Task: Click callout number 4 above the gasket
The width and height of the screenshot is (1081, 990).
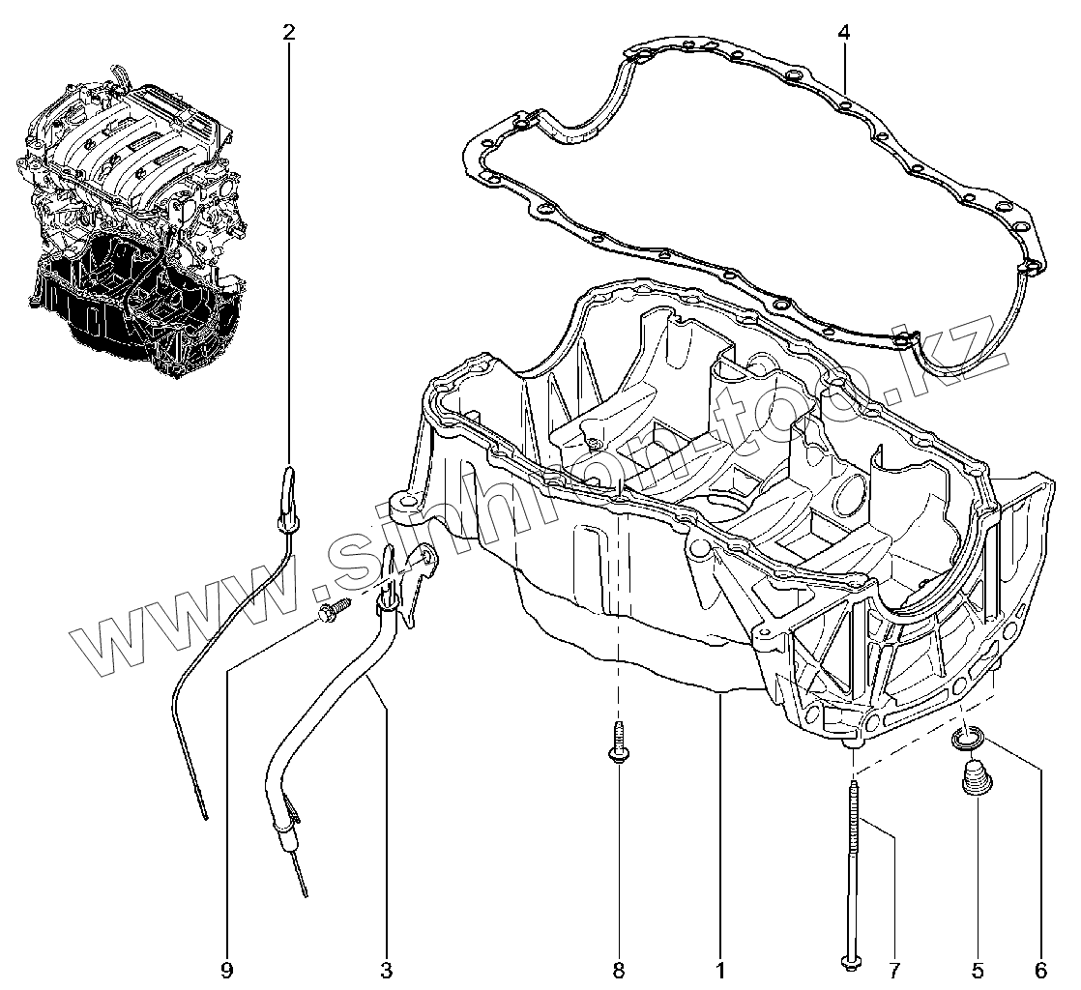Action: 844,33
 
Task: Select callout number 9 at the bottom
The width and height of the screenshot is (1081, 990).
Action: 226,970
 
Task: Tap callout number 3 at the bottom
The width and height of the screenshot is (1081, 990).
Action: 386,970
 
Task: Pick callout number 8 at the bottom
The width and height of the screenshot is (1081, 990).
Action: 619,970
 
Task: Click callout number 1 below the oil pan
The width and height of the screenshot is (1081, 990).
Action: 721,970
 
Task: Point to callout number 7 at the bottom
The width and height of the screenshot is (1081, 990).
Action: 894,970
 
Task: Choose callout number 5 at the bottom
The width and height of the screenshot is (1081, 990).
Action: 977,970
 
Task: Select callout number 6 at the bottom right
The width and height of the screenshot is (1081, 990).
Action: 1040,970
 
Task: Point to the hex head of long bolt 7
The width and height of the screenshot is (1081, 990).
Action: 849,959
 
